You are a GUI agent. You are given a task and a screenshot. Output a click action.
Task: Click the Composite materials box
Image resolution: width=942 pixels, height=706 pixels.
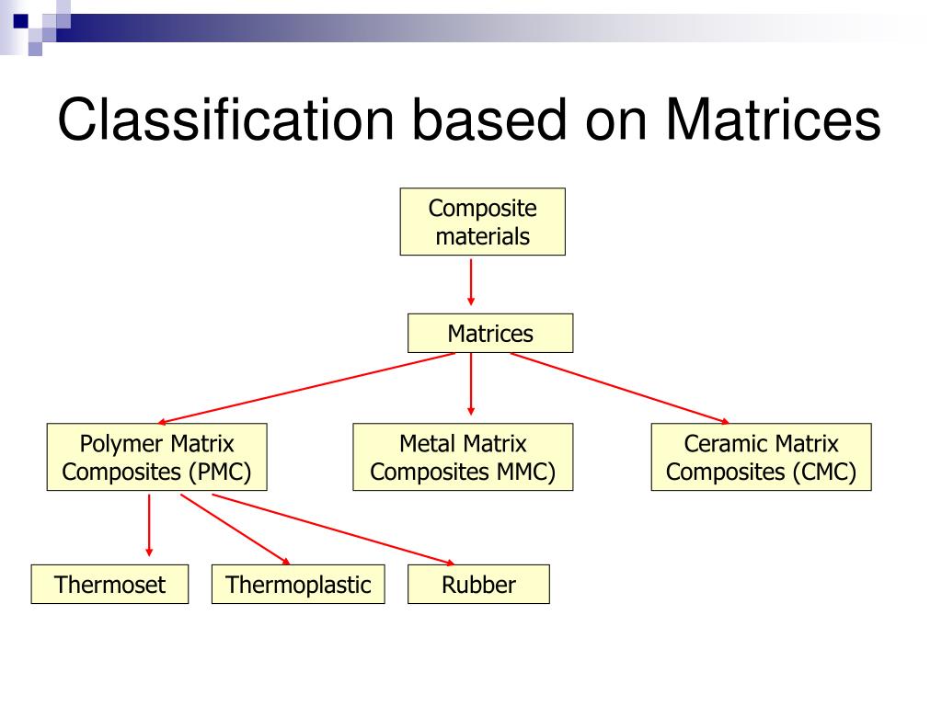482,222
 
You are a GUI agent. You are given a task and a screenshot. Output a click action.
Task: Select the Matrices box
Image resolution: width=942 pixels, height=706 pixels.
489,334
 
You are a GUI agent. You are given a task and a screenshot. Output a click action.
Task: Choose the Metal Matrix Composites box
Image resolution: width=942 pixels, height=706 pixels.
463,457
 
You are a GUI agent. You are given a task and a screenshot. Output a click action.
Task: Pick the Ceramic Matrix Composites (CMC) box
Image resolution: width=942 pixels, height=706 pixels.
761,457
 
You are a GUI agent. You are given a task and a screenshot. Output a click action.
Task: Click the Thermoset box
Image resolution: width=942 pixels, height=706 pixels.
109,584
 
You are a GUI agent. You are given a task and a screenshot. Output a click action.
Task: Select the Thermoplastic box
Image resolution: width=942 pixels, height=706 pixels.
298,584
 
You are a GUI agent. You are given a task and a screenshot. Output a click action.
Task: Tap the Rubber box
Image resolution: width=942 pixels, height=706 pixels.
478,584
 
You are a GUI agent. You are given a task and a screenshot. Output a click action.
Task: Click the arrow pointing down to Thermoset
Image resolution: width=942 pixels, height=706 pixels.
149,525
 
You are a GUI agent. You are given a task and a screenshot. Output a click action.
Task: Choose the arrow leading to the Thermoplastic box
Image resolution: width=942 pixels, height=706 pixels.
235,529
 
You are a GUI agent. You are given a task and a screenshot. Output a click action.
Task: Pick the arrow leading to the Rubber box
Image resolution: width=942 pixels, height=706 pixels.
331,529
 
